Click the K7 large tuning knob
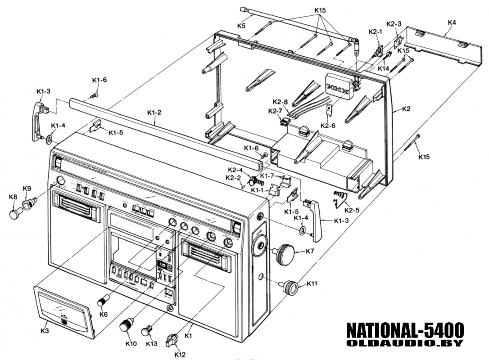click(x=285, y=254)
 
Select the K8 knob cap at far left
click(x=16, y=212)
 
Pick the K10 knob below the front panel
click(x=126, y=324)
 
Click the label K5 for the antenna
click(x=242, y=26)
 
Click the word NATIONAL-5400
click(x=405, y=331)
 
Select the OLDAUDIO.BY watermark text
click(x=405, y=343)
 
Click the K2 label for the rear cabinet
click(x=406, y=108)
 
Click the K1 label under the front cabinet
click(x=189, y=335)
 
